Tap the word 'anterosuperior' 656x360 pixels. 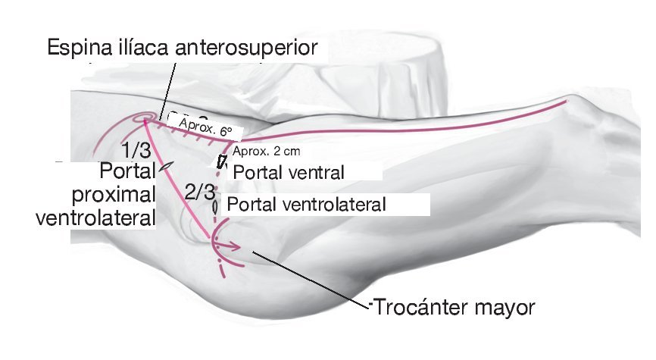tap(248, 49)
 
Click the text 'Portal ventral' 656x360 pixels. tap(289, 171)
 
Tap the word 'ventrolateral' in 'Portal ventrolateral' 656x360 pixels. tap(333, 204)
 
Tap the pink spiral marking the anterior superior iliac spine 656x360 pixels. tap(142, 119)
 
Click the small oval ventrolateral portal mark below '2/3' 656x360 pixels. tap(215, 205)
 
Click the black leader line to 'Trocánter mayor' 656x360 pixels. tap(311, 280)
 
